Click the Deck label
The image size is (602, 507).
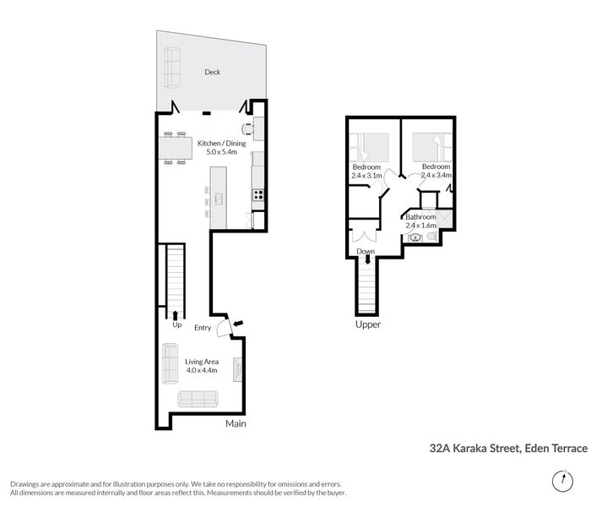[212, 73]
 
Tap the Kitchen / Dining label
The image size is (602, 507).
[222, 144]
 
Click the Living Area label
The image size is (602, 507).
[202, 361]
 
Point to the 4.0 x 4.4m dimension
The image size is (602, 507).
[202, 370]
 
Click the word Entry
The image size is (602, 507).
[203, 328]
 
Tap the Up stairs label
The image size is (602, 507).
[176, 324]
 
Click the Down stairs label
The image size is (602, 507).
[366, 252]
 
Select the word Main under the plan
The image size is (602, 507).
[236, 424]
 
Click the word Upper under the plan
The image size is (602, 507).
[368, 324]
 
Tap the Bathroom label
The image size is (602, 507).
[420, 217]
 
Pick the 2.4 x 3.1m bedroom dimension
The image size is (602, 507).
[366, 176]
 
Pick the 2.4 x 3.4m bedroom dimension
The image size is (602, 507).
[437, 176]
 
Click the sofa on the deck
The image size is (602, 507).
[172, 67]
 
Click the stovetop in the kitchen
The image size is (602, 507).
[258, 194]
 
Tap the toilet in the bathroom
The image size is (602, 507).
[432, 238]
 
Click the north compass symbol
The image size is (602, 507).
[559, 482]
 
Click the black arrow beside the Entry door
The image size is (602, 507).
[238, 323]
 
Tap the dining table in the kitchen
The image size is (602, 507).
[176, 149]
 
